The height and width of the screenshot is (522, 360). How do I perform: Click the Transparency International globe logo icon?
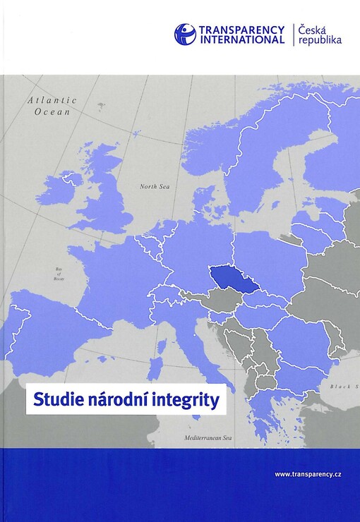tap(185, 34)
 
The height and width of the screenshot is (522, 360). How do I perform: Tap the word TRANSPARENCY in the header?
tap(241, 30)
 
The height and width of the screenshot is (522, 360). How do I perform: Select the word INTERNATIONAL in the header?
tap(241, 40)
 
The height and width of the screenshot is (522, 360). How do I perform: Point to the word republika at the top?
tap(320, 40)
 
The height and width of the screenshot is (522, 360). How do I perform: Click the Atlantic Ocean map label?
tap(52, 106)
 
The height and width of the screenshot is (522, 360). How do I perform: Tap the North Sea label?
tap(155, 186)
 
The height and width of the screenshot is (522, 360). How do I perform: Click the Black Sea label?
tap(345, 387)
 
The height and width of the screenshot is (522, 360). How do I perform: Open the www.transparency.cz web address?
tap(308, 474)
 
